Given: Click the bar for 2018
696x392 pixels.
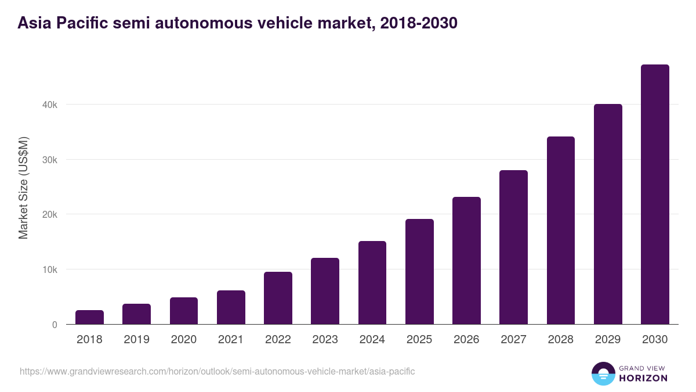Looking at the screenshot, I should pos(89,317).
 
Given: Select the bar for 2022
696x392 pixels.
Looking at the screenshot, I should pos(278,298).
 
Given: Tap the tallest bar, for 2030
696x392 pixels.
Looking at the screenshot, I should pos(655,195).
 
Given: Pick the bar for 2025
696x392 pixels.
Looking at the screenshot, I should pos(419,272).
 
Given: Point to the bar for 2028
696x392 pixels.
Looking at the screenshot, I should pos(560,231).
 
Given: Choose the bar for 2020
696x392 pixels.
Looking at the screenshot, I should pos(184,311).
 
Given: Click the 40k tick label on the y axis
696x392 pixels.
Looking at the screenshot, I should pos(49,105).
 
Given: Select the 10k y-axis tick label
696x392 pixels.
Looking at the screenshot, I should pos(49,269).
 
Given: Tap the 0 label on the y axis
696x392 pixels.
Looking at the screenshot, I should pos(54,325).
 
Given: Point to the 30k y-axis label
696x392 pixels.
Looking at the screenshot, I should pos(49,160).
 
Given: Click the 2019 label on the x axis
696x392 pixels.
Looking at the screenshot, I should pos(136,340).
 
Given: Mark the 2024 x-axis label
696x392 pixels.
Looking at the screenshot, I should pos(372,340).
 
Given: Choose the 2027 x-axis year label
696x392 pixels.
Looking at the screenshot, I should pos(513,340).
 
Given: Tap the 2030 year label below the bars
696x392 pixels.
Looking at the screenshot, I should pos(655,340).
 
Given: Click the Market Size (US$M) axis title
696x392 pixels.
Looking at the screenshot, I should pos(23,187).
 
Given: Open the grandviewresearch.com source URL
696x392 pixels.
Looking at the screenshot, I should pos(217,371).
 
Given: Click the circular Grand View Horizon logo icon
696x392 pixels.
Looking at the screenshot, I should pos(603,373).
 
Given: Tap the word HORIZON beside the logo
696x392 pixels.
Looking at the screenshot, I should pos(644,378).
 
